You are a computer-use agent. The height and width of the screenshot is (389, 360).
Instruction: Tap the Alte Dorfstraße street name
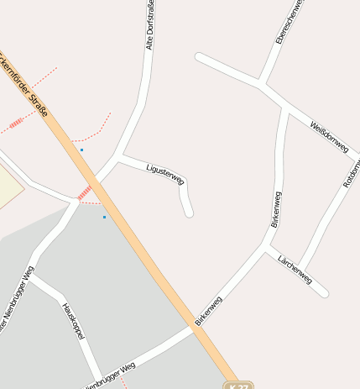[150, 26]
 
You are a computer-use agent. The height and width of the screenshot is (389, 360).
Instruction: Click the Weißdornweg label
[328, 134]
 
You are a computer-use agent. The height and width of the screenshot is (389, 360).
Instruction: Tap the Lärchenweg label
[295, 268]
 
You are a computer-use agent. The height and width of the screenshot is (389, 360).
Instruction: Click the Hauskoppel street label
[75, 322]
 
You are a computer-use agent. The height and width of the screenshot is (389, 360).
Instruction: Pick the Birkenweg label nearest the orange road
[208, 310]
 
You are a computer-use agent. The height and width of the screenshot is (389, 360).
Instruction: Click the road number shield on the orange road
[237, 385]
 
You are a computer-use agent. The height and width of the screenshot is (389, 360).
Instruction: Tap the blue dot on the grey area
[104, 217]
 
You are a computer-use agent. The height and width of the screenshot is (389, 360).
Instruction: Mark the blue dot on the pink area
[81, 150]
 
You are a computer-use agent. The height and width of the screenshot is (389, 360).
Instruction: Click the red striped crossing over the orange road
[84, 192]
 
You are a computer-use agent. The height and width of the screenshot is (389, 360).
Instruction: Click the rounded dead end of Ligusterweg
[189, 213]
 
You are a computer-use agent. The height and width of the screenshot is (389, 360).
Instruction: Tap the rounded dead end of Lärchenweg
[324, 292]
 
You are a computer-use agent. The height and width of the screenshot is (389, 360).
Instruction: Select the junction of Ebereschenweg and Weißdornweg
[263, 84]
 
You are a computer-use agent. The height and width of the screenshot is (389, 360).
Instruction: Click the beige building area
[8, 185]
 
